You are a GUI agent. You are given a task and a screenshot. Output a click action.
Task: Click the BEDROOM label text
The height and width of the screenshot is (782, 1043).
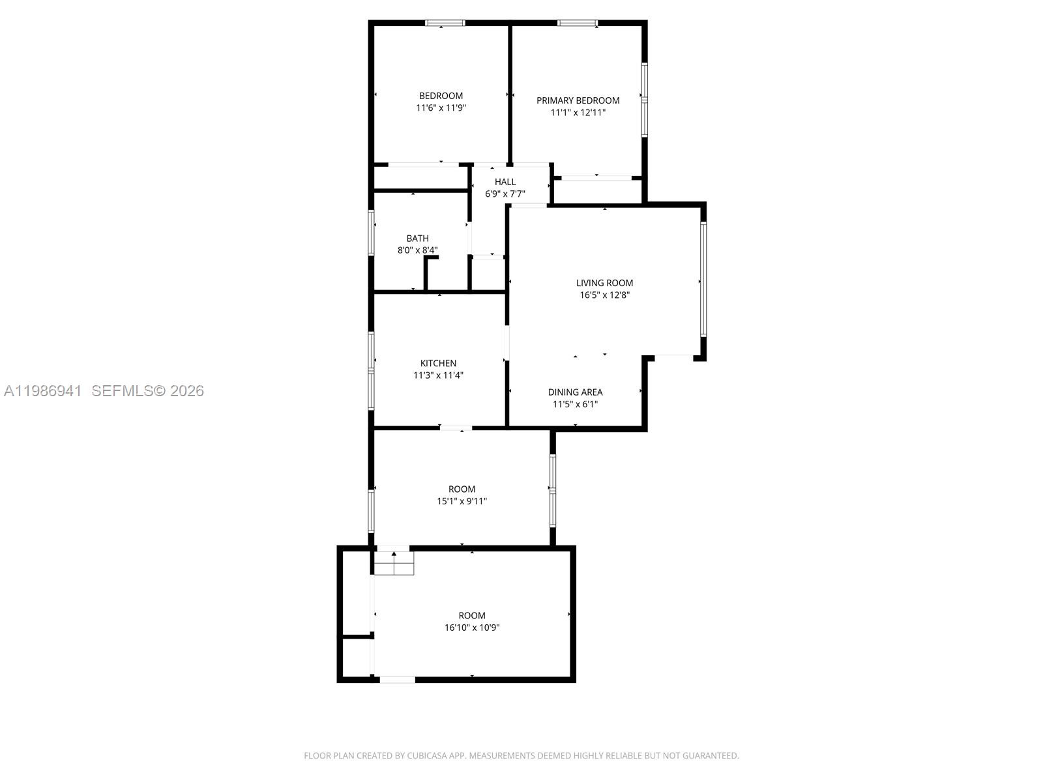point(441,96)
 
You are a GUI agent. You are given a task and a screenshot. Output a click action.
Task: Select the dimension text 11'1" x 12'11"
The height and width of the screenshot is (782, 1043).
point(578,112)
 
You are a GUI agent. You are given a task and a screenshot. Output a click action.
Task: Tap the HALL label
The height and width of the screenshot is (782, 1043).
point(505,182)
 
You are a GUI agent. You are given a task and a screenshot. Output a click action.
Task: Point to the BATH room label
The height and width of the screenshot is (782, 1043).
point(417,239)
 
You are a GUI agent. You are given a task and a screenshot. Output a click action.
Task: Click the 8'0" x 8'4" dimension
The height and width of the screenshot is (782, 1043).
point(417,250)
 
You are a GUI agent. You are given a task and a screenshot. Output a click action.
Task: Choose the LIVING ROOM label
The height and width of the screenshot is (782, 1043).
point(604,283)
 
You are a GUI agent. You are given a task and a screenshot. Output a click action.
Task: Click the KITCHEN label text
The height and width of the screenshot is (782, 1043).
point(438,363)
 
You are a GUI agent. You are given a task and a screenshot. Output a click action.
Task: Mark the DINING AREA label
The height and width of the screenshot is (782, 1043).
point(575,392)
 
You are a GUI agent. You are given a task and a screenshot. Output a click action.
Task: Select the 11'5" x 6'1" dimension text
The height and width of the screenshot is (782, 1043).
point(575,404)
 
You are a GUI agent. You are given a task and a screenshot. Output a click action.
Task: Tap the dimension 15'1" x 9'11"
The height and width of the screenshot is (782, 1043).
point(462,501)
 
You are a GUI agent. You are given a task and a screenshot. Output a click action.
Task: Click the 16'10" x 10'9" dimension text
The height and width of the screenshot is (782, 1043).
point(471,628)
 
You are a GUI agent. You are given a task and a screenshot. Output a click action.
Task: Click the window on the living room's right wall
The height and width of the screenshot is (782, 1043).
point(703,280)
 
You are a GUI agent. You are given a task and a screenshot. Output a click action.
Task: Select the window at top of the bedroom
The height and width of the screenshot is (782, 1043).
point(445,23)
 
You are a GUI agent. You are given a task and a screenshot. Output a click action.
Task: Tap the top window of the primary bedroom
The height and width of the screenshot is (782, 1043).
point(577,23)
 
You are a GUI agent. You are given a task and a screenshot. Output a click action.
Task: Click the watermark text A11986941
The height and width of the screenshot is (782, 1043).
point(43,391)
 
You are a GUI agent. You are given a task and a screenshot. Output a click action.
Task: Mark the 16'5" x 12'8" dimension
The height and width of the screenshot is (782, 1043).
point(604,295)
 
